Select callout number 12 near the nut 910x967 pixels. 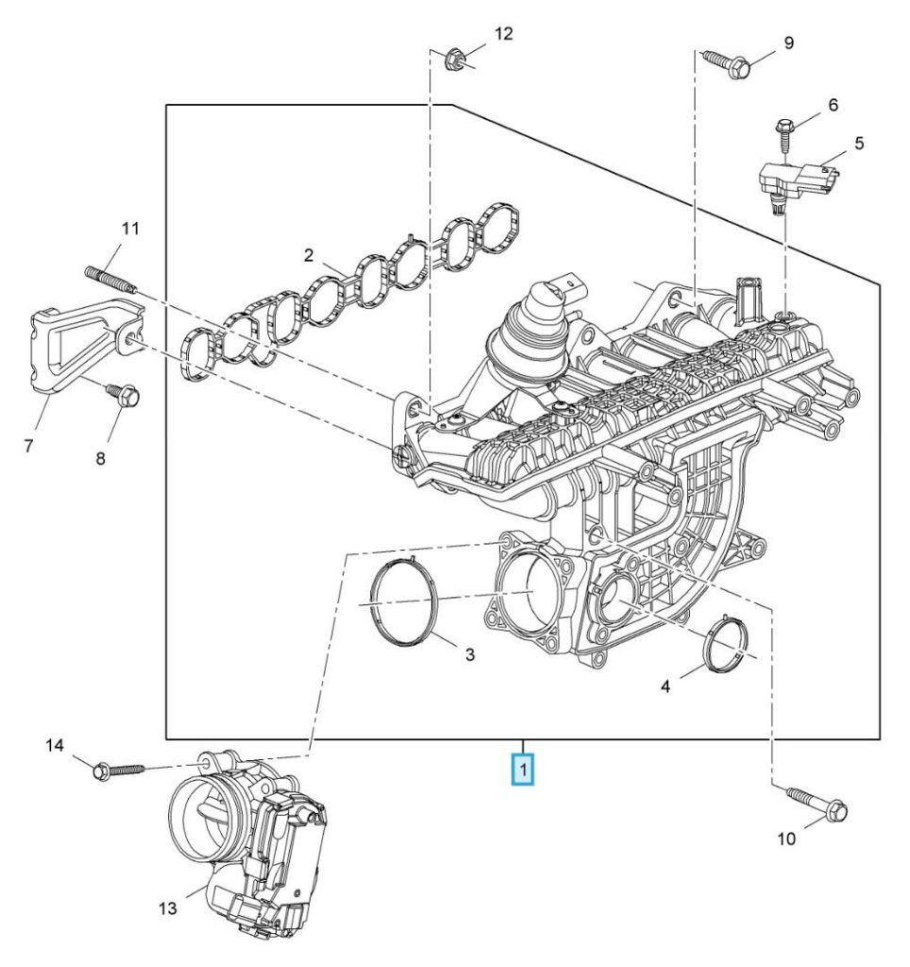click(503, 34)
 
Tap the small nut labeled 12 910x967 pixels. click(452, 62)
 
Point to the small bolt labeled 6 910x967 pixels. click(784, 132)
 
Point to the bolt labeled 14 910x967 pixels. click(115, 770)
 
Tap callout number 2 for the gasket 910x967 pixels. click(308, 255)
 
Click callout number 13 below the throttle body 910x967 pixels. click(167, 908)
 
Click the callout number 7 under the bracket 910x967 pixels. click(29, 445)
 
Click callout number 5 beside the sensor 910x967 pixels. click(858, 144)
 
